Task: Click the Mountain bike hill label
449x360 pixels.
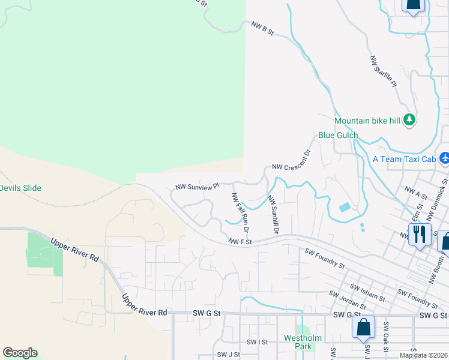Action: (x=367, y=121)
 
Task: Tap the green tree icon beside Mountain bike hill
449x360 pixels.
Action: (x=409, y=120)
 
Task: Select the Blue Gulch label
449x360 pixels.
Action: (x=338, y=136)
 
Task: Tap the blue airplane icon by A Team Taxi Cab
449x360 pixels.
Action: (x=444, y=158)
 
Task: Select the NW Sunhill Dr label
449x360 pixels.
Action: (x=273, y=214)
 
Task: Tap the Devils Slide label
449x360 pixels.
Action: (x=20, y=188)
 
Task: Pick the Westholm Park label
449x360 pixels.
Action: (x=299, y=342)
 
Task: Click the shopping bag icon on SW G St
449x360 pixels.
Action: (x=363, y=327)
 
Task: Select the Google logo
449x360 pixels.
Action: (x=20, y=353)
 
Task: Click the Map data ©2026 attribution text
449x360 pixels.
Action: (x=424, y=355)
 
